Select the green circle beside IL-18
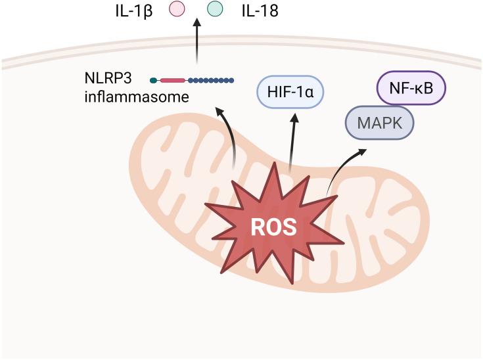(215, 10)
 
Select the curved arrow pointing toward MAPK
(342, 168)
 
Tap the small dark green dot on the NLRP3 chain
(154, 81)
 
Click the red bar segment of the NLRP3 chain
(173, 81)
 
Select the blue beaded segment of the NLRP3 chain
(211, 81)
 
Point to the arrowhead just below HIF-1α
(296, 118)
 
